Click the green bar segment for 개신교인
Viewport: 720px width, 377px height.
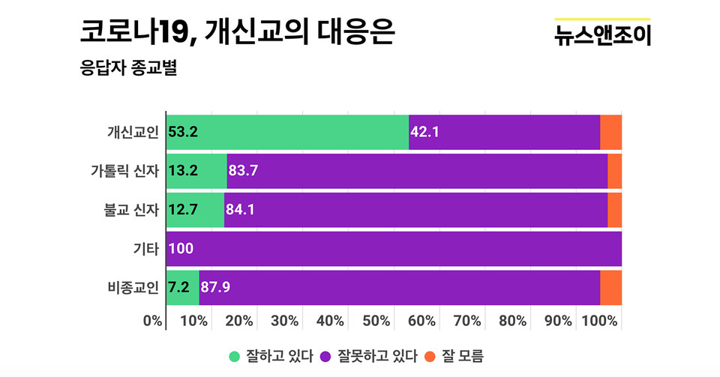tap(287, 132)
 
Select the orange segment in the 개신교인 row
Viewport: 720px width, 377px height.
tap(610, 132)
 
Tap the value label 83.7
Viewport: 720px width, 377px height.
tap(243, 171)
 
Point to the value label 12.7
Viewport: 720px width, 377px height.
tap(183, 210)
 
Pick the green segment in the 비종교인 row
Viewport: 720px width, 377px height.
tap(182, 288)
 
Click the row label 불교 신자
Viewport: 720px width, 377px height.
tap(131, 210)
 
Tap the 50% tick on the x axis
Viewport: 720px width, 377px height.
tap(376, 321)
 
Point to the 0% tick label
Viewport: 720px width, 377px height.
tap(153, 321)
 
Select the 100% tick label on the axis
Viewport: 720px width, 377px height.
tap(601, 321)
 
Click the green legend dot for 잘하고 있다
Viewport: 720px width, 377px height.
tap(234, 355)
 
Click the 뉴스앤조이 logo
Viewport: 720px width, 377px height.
tap(602, 34)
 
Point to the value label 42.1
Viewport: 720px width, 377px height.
tap(424, 132)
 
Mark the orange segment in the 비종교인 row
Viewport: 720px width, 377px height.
tap(610, 288)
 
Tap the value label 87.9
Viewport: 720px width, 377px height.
tap(216, 288)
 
